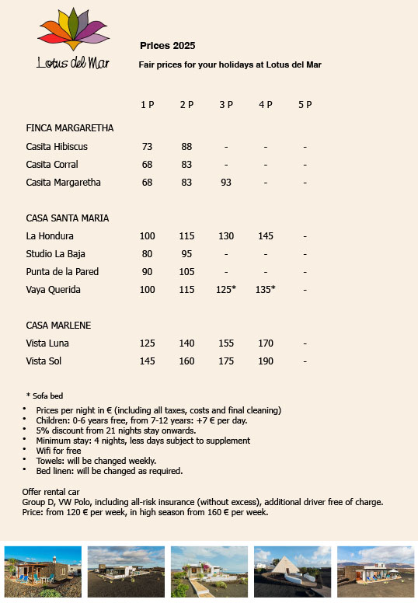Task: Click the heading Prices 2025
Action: click(167, 46)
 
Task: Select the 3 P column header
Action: click(226, 105)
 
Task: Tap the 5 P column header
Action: click(305, 105)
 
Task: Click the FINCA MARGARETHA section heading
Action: click(70, 128)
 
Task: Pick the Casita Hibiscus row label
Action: click(57, 146)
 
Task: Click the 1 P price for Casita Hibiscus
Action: click(148, 146)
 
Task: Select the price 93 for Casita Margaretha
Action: click(226, 183)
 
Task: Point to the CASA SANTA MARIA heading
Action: click(68, 218)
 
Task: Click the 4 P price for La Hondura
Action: click(266, 236)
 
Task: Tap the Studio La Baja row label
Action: click(56, 254)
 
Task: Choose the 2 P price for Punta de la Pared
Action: click(186, 272)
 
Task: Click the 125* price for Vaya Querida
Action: click(226, 290)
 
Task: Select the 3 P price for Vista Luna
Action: click(226, 343)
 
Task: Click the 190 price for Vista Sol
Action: click(266, 361)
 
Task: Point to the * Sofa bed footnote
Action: click(44, 396)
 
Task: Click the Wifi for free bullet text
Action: click(58, 451)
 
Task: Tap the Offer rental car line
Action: click(59, 492)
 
